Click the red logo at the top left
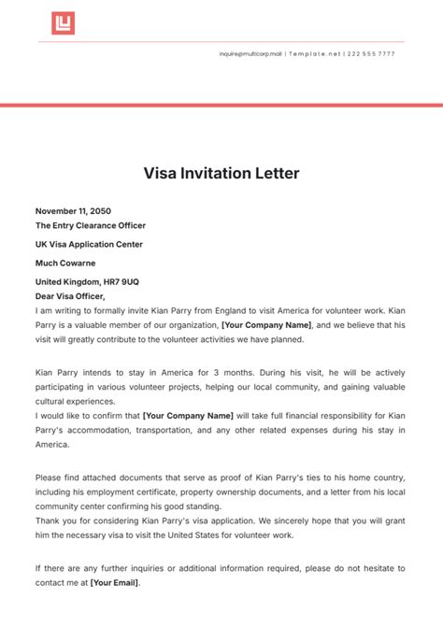[x=63, y=23]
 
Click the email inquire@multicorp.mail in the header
[x=250, y=54]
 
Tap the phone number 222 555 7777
[x=373, y=54]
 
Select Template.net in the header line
[x=314, y=54]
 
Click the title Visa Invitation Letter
[x=221, y=173]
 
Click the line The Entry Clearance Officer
[x=91, y=225]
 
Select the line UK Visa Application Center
[x=91, y=244]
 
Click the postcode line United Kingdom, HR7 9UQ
[x=87, y=281]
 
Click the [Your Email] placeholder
[x=114, y=582]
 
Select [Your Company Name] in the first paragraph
[x=265, y=324]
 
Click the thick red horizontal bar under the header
[x=221, y=106]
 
